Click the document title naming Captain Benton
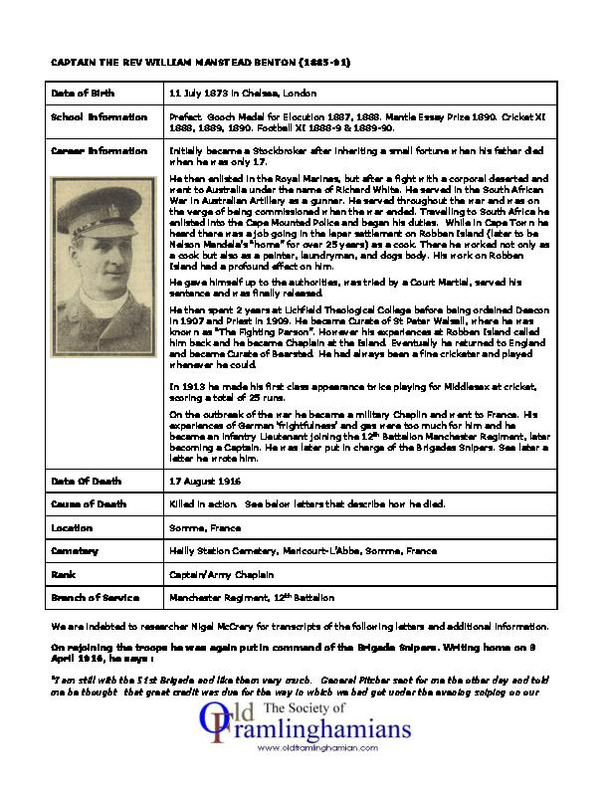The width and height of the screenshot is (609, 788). [x=200, y=62]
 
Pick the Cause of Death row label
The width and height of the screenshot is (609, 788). [x=88, y=504]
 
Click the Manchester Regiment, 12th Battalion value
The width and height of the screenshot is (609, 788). [x=252, y=597]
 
